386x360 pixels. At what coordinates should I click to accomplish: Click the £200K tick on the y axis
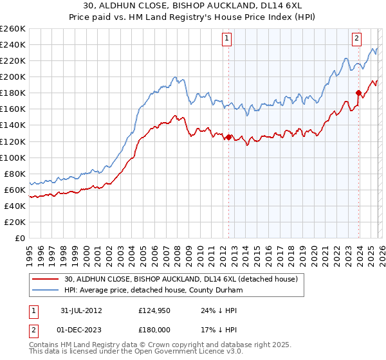point(13,76)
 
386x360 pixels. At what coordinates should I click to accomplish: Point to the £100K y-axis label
point(13,157)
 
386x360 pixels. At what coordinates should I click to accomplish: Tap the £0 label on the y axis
point(20,238)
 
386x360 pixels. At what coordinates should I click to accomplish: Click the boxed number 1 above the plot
point(228,38)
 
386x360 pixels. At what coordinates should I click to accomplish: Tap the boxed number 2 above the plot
point(356,38)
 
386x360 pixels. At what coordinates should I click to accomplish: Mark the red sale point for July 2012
point(228,136)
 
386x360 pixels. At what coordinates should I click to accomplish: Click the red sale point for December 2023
point(358,93)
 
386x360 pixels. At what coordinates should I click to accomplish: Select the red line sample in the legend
point(46,280)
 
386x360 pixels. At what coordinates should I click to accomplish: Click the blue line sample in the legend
point(46,291)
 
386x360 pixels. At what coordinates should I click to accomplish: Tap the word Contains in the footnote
point(44,346)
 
